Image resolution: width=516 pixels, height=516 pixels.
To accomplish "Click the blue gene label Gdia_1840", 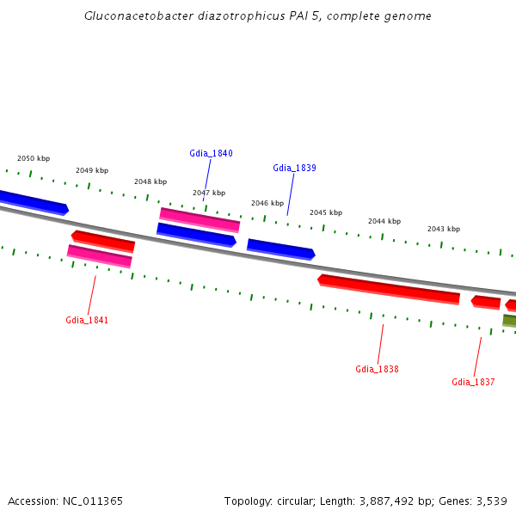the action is [x=211, y=153].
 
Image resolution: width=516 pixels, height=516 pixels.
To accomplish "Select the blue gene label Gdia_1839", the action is [x=294, y=168].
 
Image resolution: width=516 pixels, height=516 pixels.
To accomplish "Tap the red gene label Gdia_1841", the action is [x=87, y=320].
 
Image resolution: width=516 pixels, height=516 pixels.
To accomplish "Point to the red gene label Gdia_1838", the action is [x=377, y=369].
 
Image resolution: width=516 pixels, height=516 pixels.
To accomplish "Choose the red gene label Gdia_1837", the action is [x=473, y=382].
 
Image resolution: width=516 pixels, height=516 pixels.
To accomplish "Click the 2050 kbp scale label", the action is [x=34, y=158].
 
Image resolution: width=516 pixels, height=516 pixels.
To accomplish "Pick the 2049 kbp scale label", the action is [x=92, y=170].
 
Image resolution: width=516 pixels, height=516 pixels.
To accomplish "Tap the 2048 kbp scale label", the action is [x=150, y=181].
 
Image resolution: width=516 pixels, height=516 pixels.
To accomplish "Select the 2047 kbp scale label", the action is [x=209, y=193].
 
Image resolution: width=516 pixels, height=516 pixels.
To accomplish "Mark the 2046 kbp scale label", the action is [x=267, y=203].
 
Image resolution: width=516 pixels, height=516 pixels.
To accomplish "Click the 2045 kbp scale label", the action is [x=326, y=212].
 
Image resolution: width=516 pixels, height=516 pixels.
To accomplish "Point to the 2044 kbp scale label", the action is [x=384, y=221].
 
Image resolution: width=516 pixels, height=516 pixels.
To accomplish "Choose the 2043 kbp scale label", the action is [x=444, y=229].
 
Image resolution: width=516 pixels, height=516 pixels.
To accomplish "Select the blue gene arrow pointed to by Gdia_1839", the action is [x=281, y=249].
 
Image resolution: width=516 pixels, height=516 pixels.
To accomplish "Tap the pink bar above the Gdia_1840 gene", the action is [x=200, y=219].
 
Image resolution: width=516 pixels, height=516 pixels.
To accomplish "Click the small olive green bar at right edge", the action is [x=510, y=321].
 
